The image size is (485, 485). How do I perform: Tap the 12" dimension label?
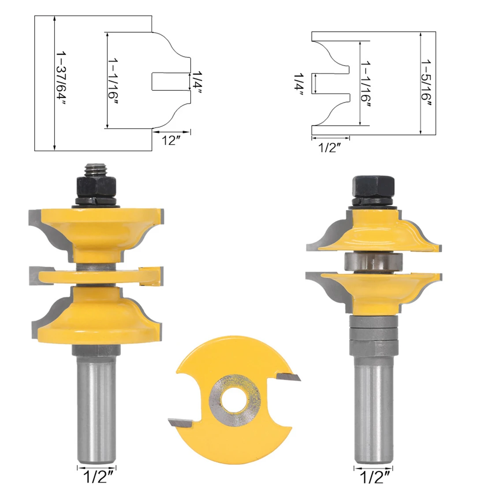pos(171,140)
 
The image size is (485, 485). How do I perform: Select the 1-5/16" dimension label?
pos(426,84)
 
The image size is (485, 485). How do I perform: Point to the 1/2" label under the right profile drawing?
pos(329,148)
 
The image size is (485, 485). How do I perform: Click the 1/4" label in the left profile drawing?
pos(197,83)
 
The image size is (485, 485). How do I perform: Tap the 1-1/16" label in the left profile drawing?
pos(113,82)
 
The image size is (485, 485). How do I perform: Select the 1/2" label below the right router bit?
pos(375,477)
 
